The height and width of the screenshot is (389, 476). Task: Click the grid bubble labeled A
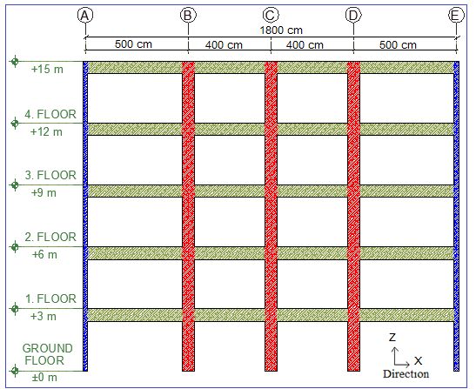click(x=85, y=15)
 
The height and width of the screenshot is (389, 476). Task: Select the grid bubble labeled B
click(x=188, y=15)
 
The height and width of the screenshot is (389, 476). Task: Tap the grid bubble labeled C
click(x=271, y=15)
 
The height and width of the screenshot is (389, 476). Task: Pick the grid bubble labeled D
click(x=353, y=15)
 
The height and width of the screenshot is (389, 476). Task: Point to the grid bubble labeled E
click(x=456, y=15)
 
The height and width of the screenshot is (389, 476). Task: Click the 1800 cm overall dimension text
click(x=281, y=30)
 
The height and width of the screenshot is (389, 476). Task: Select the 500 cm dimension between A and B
click(x=133, y=44)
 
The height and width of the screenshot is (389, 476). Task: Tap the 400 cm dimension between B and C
click(x=224, y=45)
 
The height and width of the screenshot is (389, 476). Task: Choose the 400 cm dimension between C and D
click(x=305, y=45)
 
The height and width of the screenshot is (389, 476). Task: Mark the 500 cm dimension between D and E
click(x=398, y=45)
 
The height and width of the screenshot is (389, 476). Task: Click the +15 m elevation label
click(x=47, y=70)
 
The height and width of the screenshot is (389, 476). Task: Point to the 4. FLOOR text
click(x=50, y=115)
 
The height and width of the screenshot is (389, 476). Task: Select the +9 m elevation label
click(x=44, y=193)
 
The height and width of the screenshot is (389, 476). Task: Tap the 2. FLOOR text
click(x=50, y=237)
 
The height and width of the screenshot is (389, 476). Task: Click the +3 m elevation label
click(x=44, y=317)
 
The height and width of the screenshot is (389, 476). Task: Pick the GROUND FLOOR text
click(x=47, y=354)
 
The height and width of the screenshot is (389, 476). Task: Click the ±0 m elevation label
click(x=44, y=378)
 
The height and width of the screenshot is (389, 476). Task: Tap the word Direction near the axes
click(x=406, y=374)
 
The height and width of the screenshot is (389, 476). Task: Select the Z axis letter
click(x=392, y=338)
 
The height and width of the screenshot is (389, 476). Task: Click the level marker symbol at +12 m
click(x=15, y=124)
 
